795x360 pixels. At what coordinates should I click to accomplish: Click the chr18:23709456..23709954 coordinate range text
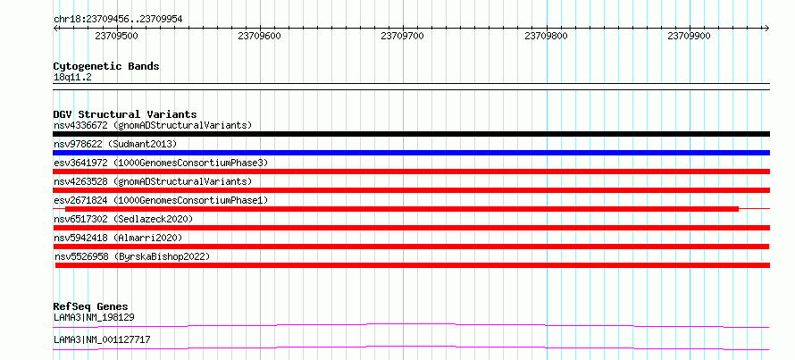118,20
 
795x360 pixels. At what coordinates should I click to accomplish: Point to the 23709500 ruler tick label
116,36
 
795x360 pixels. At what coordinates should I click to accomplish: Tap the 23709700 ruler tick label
403,36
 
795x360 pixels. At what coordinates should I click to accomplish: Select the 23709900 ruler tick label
689,36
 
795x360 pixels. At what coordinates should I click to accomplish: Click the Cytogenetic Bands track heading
106,66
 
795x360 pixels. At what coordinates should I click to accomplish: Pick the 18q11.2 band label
72,78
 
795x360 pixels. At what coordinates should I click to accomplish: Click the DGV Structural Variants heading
125,114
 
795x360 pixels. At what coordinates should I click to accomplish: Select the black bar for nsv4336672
411,134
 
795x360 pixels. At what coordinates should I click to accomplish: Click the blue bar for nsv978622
411,153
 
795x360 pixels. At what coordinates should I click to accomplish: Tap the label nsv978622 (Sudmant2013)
115,144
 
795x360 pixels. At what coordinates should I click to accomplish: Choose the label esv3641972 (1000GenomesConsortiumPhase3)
161,163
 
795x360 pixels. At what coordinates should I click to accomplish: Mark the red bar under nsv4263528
411,190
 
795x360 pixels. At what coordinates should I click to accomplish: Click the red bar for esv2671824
402,209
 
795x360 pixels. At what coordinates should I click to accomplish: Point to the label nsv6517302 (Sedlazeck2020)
123,219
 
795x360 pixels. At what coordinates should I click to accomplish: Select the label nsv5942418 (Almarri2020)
118,238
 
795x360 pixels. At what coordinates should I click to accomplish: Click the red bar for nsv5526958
412,265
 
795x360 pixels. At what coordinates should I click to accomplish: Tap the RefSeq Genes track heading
91,306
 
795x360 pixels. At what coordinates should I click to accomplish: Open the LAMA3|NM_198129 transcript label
94,318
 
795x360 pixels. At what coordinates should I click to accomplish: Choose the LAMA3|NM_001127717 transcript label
102,339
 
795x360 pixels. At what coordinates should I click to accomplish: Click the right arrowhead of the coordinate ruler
767,28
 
